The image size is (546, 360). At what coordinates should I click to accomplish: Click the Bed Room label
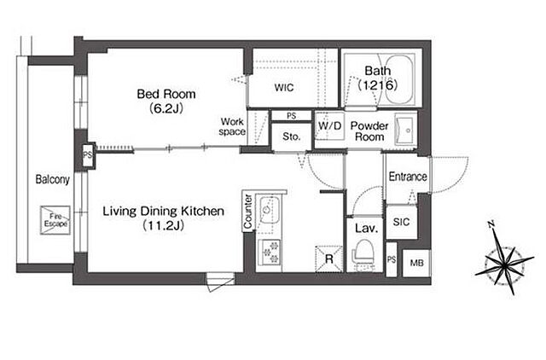(166, 94)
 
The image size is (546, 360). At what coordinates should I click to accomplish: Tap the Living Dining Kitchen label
(163, 212)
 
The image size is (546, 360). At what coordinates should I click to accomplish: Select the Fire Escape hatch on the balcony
(55, 220)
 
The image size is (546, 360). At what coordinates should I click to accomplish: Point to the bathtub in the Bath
(399, 79)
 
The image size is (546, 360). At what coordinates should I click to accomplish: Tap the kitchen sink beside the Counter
(268, 212)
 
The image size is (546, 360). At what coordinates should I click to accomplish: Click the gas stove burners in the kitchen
(270, 253)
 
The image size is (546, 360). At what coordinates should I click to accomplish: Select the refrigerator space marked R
(329, 258)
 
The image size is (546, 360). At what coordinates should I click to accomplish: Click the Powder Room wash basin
(405, 131)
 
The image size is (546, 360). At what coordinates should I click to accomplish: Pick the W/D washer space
(329, 125)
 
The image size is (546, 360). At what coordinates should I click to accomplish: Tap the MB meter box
(416, 263)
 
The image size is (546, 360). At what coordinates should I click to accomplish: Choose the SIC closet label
(401, 222)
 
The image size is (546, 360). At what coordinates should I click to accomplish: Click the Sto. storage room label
(292, 136)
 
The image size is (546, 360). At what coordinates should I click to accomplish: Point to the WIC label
(284, 87)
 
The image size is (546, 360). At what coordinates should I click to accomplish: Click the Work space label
(232, 127)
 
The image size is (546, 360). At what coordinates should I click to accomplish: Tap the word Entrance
(408, 177)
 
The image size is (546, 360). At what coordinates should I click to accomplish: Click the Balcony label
(53, 180)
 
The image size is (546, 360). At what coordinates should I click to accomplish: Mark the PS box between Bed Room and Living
(87, 155)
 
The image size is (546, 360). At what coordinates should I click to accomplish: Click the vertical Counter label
(247, 212)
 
